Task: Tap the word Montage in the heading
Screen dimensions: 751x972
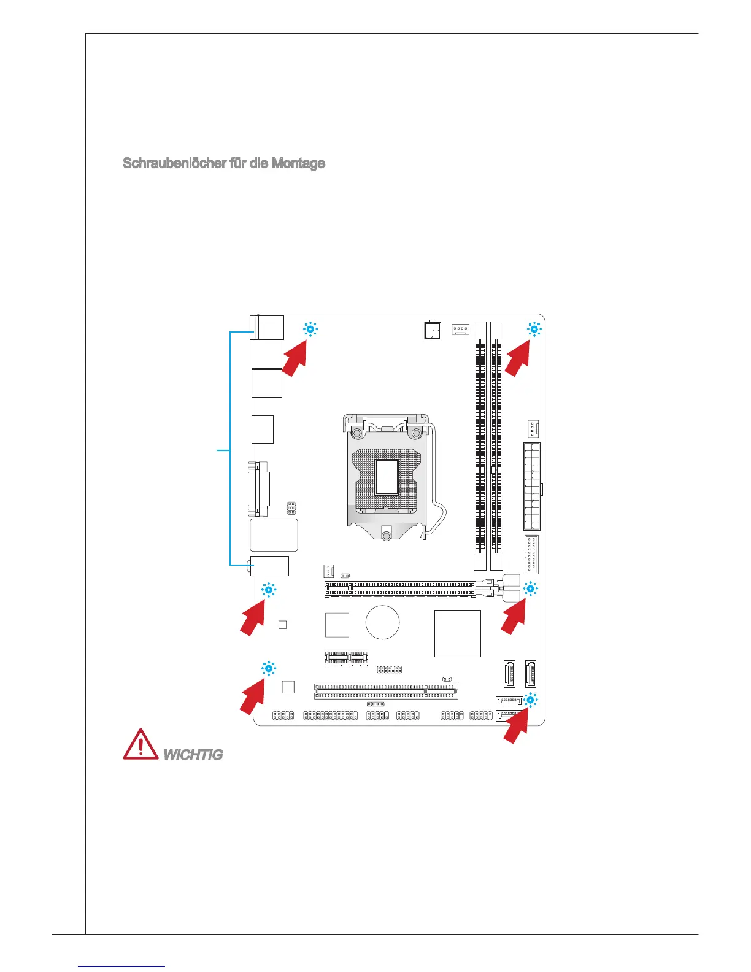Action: pyautogui.click(x=300, y=163)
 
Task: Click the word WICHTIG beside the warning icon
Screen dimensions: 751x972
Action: pyautogui.click(x=193, y=755)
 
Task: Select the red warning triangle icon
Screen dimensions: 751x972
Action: pyautogui.click(x=141, y=745)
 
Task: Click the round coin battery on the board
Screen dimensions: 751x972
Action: pyautogui.click(x=382, y=622)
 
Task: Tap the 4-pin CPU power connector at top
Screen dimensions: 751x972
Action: pyautogui.click(x=433, y=330)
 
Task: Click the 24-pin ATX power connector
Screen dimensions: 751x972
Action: pyautogui.click(x=531, y=486)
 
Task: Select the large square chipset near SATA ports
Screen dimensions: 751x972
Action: pyautogui.click(x=457, y=633)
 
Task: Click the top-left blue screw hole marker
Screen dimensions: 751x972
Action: pyautogui.click(x=310, y=330)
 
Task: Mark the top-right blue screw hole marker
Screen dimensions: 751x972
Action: pyautogui.click(x=534, y=330)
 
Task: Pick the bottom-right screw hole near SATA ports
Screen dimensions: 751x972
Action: pyautogui.click(x=531, y=700)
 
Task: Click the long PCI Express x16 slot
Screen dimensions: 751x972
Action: pyautogui.click(x=399, y=590)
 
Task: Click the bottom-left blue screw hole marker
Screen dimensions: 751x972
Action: pyautogui.click(x=269, y=669)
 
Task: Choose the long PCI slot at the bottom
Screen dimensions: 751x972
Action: pyautogui.click(x=387, y=692)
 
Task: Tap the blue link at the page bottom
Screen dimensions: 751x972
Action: pyautogui.click(x=122, y=967)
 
